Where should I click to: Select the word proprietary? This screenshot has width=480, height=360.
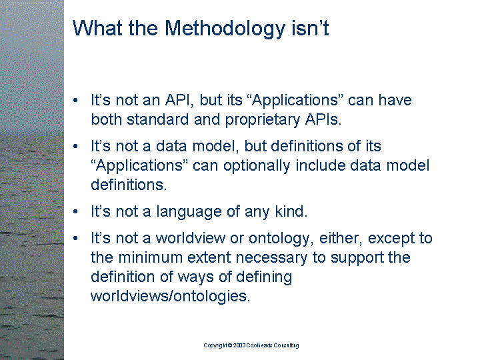click(263, 120)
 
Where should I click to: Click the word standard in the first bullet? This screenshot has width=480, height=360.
click(157, 119)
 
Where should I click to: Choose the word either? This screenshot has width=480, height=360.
click(341, 238)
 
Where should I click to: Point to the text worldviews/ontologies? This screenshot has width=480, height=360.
click(170, 296)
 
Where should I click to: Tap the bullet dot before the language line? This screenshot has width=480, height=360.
click(75, 211)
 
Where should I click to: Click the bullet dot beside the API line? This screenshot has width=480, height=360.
click(75, 100)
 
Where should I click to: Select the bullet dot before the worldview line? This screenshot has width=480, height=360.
click(75, 238)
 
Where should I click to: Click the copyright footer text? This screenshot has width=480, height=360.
click(251, 345)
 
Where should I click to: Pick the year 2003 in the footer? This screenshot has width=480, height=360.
click(239, 345)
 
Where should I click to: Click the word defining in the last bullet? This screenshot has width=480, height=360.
click(264, 277)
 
